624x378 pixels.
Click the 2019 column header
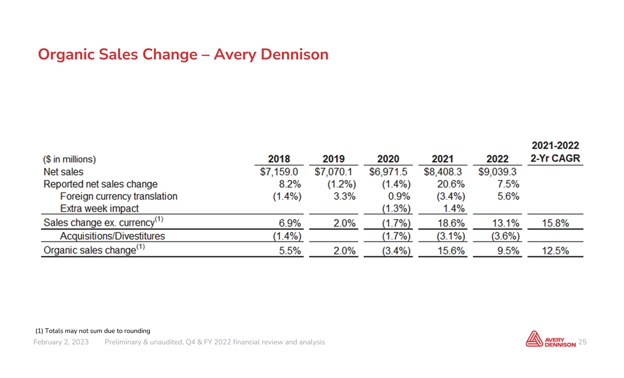click(x=333, y=159)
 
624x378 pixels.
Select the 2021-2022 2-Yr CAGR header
click(x=555, y=152)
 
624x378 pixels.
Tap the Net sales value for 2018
click(x=279, y=172)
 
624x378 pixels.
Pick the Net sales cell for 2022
click(x=497, y=172)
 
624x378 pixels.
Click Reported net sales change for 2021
click(x=451, y=184)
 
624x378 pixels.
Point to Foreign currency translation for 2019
click(x=345, y=196)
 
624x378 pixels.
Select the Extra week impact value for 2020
click(x=396, y=209)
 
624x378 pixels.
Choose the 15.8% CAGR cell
click(x=555, y=223)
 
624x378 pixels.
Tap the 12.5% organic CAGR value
click(x=555, y=251)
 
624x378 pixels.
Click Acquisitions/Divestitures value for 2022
click(x=505, y=236)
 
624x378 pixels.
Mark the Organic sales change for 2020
click(x=396, y=251)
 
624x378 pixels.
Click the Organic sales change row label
click(x=94, y=250)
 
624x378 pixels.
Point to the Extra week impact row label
click(x=99, y=209)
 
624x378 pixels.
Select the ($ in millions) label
click(x=69, y=159)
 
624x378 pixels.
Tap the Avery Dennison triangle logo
click(x=534, y=339)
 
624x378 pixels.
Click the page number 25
click(x=582, y=342)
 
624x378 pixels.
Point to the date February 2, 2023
click(x=61, y=342)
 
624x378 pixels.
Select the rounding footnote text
click(x=93, y=331)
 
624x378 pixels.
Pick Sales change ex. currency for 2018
click(x=290, y=223)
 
